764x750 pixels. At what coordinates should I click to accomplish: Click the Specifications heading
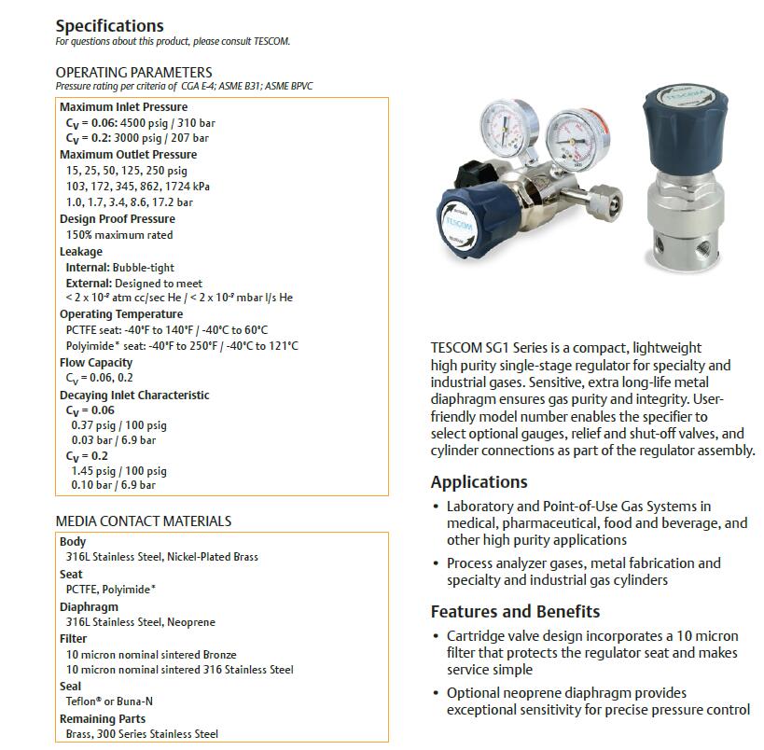click(109, 26)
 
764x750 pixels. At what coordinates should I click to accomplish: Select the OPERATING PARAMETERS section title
click(133, 72)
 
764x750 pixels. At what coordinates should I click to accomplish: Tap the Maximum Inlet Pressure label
click(123, 107)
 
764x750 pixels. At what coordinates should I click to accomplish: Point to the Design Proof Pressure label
click(117, 219)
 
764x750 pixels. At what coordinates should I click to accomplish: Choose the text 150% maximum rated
click(119, 235)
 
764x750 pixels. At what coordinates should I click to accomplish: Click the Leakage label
click(81, 252)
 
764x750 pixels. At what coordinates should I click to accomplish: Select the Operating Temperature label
click(121, 314)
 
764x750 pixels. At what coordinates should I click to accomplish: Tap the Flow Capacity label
click(96, 363)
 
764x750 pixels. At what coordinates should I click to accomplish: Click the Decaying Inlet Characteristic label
click(134, 396)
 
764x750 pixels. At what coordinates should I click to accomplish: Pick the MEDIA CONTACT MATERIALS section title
click(144, 521)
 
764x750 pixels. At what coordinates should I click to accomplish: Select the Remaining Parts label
click(103, 719)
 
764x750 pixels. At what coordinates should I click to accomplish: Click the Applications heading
click(479, 482)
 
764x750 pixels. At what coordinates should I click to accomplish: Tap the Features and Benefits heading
click(515, 612)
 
